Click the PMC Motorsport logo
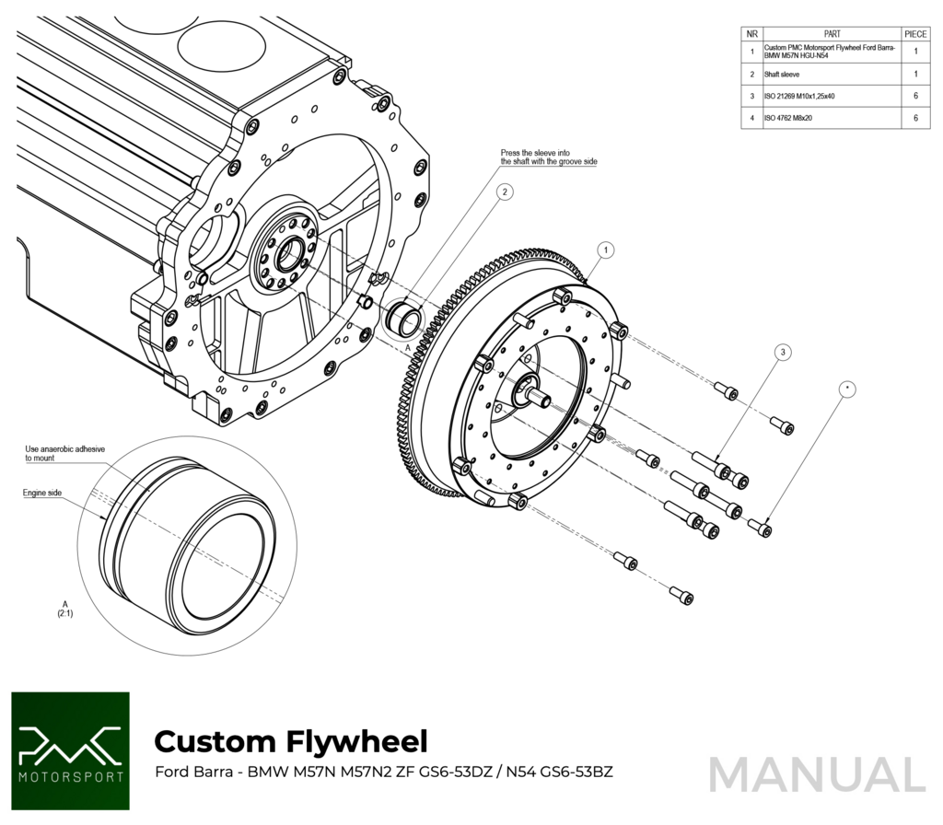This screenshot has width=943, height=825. click(70, 750)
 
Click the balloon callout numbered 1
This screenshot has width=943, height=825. click(605, 250)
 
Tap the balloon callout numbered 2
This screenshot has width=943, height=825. click(504, 192)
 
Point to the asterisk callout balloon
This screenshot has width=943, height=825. click(846, 389)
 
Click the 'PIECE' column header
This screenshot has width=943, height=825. click(915, 33)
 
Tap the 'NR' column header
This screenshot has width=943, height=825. click(752, 33)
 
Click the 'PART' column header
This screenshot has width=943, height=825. click(832, 33)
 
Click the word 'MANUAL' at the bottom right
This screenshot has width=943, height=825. click(817, 774)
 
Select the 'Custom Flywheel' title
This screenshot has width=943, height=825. click(290, 740)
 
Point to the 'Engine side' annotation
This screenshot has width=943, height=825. click(42, 494)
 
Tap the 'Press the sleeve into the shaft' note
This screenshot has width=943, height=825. click(549, 157)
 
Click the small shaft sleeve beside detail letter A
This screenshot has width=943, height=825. click(404, 318)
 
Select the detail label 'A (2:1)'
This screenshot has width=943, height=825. click(66, 605)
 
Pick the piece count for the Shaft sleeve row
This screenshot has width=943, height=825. click(915, 74)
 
